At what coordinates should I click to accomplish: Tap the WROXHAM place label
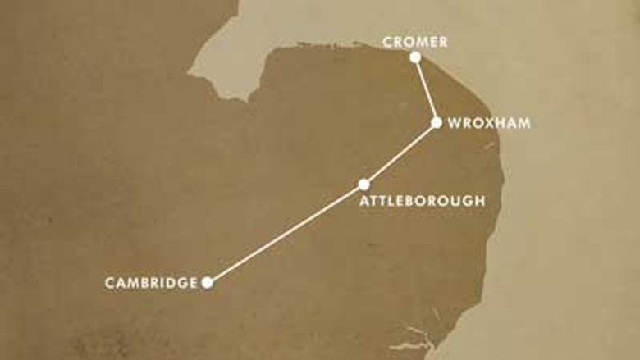click(489, 123)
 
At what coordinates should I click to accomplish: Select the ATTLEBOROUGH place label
click(423, 200)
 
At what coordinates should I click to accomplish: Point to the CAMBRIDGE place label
click(151, 283)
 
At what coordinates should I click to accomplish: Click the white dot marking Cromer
click(415, 57)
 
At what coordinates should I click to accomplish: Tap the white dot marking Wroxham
click(437, 123)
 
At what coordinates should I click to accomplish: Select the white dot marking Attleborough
click(364, 185)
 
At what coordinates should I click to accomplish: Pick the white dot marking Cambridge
click(208, 283)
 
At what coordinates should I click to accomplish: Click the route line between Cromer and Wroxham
click(426, 90)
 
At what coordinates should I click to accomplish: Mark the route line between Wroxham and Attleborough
click(400, 154)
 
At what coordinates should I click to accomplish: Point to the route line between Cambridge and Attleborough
click(286, 234)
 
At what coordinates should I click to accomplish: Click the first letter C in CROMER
click(387, 41)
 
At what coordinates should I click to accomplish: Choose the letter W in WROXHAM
click(454, 123)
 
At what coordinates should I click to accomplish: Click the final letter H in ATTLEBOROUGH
click(480, 200)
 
